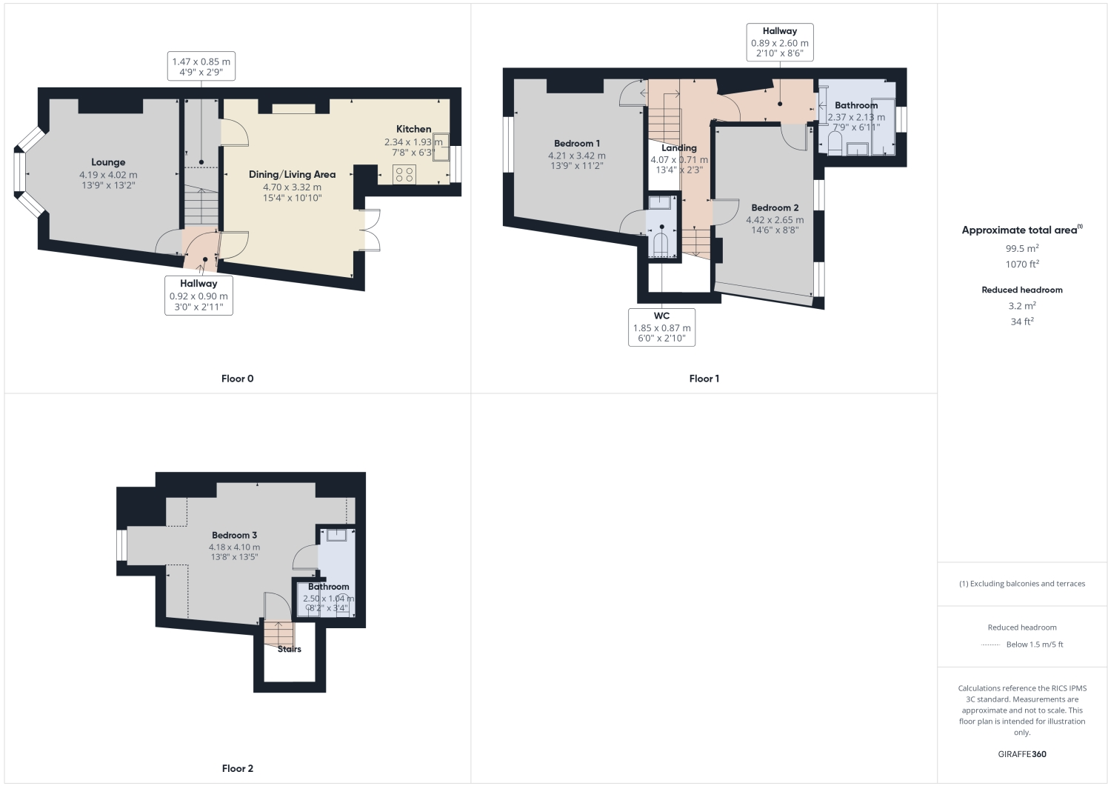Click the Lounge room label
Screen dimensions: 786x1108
[108, 162]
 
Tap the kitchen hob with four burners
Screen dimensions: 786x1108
[404, 174]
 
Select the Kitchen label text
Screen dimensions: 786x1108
[413, 129]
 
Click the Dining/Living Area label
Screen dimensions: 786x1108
[292, 175]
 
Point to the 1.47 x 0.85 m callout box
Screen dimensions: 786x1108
[201, 67]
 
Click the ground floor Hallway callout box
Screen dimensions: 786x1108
[198, 295]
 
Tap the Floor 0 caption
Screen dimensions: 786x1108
[237, 379]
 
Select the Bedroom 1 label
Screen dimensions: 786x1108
[576, 144]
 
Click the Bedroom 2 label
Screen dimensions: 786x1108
[774, 208]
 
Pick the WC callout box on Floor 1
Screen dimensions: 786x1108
[661, 327]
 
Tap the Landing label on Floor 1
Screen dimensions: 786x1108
[678, 148]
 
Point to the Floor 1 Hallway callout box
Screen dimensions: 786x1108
[779, 42]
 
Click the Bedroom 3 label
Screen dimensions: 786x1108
[234, 536]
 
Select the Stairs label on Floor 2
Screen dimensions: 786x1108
[289, 649]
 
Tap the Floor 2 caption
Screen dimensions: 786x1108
[237, 768]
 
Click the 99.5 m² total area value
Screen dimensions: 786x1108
[1021, 248]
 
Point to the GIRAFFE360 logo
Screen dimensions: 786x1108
[1021, 754]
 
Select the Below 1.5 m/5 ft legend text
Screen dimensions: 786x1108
[1034, 645]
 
